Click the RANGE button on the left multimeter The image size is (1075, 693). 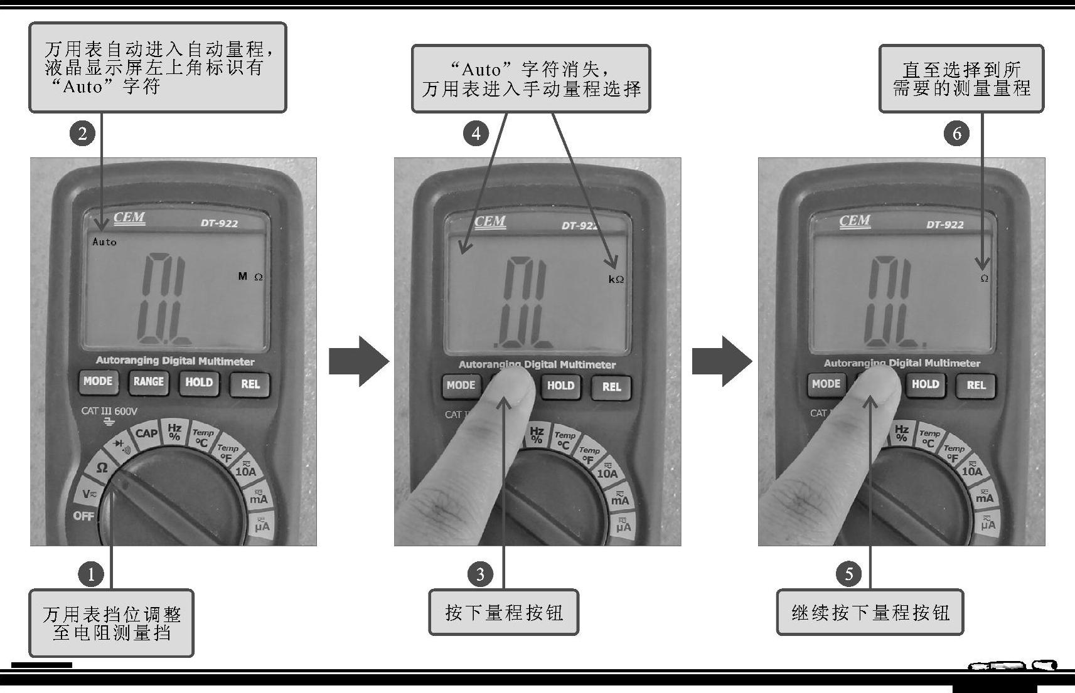pyautogui.click(x=148, y=382)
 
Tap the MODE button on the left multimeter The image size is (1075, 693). pyautogui.click(x=98, y=381)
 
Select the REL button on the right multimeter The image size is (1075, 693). pyautogui.click(x=976, y=385)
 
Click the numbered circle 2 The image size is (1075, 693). pyautogui.click(x=82, y=134)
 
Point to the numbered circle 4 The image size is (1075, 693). pyautogui.click(x=476, y=134)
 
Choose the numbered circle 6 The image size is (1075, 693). pyautogui.click(x=956, y=134)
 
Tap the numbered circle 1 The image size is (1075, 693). pyautogui.click(x=91, y=574)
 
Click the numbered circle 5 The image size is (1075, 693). pyautogui.click(x=848, y=574)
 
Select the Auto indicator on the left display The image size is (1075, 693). pyautogui.click(x=104, y=241)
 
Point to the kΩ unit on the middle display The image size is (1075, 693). pyautogui.click(x=616, y=279)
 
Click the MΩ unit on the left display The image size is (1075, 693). pyautogui.click(x=250, y=276)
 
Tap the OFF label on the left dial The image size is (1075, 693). pyautogui.click(x=83, y=516)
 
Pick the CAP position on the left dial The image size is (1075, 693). pyautogui.click(x=146, y=433)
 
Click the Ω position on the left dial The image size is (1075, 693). pyautogui.click(x=102, y=467)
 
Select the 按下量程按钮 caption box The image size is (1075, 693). pyautogui.click(x=503, y=613)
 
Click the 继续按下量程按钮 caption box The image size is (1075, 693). pyautogui.click(x=870, y=613)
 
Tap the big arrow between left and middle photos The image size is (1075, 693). pyautogui.click(x=359, y=361)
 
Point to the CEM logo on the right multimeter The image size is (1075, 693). pyautogui.click(x=855, y=221)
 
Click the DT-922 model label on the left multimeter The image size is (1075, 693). pyautogui.click(x=219, y=223)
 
